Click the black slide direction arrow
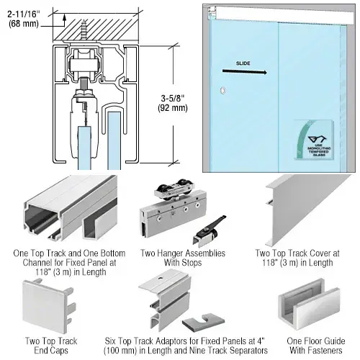[244, 71]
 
